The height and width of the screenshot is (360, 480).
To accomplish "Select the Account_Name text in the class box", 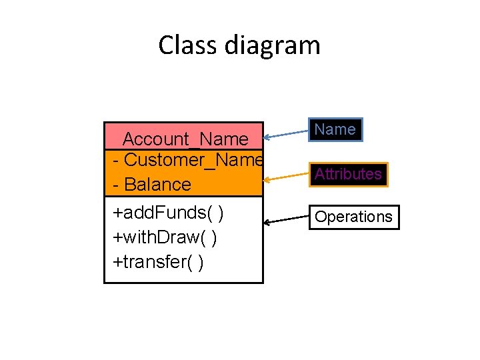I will (185, 139).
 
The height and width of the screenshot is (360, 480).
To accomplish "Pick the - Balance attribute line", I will (152, 184).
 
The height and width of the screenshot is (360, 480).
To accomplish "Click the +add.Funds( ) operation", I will (168, 213).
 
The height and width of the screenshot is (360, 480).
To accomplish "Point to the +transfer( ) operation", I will (159, 262).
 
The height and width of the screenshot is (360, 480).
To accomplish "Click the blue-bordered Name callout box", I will (335, 129).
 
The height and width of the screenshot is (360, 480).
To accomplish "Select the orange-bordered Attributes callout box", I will (348, 174).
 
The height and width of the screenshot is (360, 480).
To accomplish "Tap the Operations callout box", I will (353, 217).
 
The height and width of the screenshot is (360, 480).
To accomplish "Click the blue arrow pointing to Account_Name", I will (287, 133).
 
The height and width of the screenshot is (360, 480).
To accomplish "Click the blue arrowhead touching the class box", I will (267, 137).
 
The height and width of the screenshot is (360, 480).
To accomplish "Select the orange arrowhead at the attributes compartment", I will (267, 179).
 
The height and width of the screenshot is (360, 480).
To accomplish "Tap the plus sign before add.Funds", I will (117, 213).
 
